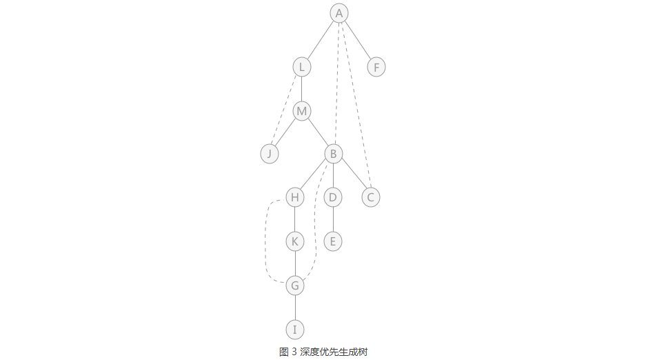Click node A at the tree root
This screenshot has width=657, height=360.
point(339,13)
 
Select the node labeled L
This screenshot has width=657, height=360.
point(302,67)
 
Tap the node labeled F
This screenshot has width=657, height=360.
point(376,67)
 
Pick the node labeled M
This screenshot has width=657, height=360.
point(302,111)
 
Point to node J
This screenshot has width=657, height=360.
point(270,154)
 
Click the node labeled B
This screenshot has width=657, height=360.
point(334,154)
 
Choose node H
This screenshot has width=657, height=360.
point(295,197)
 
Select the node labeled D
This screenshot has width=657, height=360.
point(333,197)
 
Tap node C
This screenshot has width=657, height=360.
point(371,197)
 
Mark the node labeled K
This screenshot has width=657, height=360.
point(295,241)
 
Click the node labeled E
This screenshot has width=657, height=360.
point(333,241)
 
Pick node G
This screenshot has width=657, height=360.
point(295,286)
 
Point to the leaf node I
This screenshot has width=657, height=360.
point(295,330)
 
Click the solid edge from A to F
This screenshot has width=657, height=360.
point(358,40)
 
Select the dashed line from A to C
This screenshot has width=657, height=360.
point(356,106)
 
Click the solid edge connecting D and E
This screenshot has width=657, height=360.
point(333,219)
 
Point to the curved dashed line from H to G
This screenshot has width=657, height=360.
point(265,241)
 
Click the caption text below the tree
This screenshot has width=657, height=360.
point(323,352)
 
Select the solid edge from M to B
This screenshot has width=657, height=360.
point(318,132)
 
